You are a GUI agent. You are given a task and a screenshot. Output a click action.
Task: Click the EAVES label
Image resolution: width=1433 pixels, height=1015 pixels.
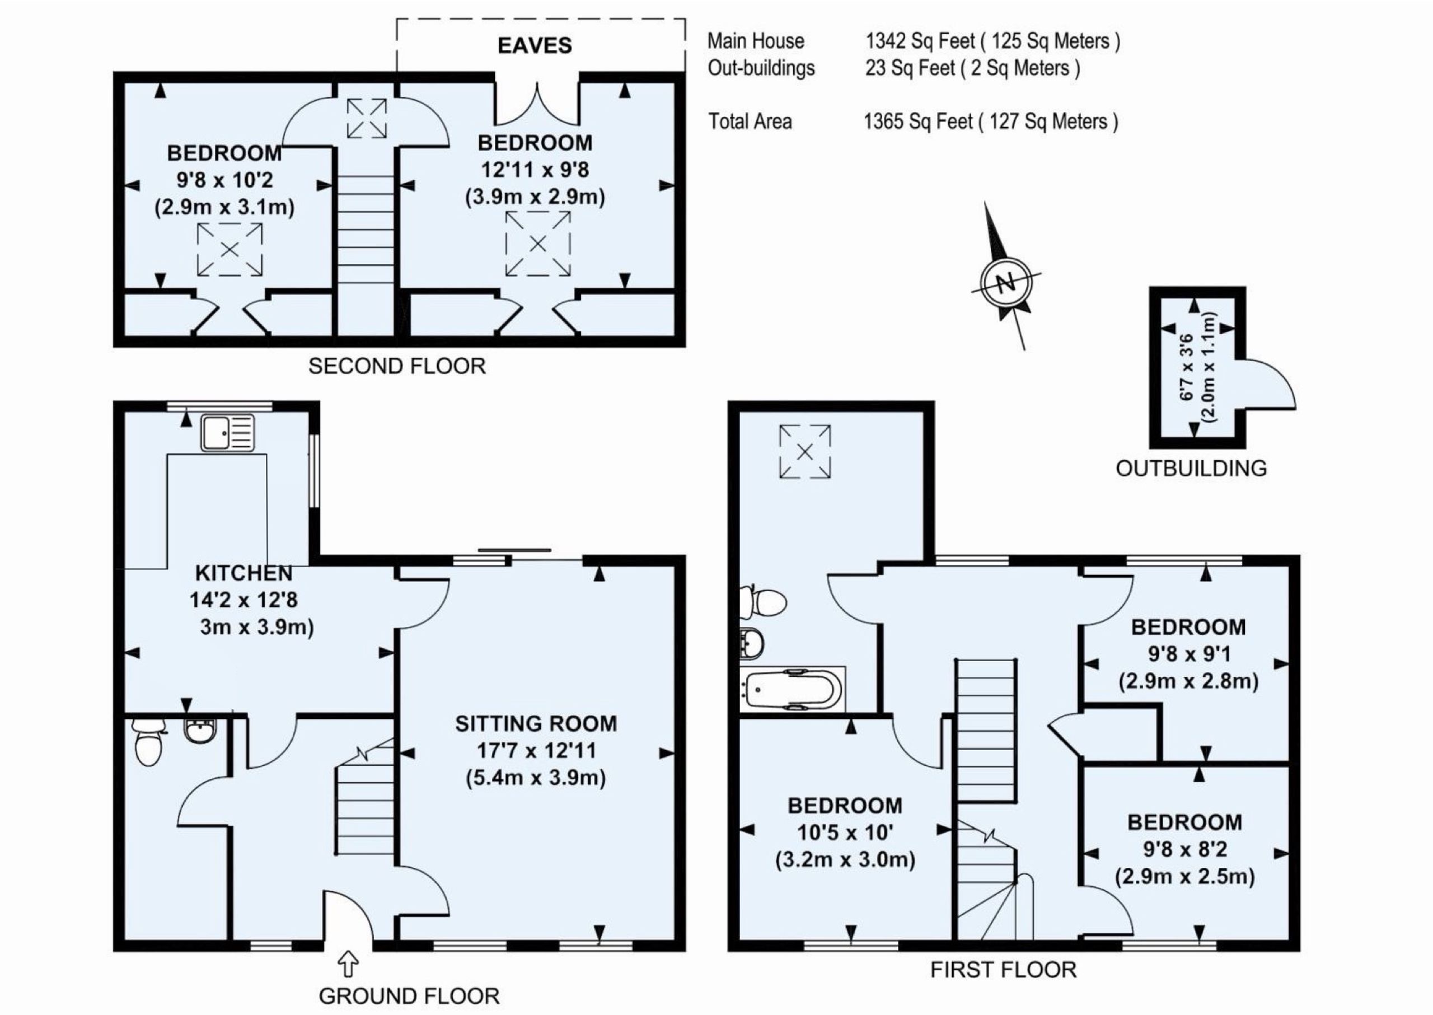(535, 45)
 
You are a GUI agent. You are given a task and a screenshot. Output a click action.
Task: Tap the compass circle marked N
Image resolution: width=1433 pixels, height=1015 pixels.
(1005, 283)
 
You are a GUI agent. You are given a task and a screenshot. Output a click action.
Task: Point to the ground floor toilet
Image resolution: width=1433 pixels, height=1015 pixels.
(148, 742)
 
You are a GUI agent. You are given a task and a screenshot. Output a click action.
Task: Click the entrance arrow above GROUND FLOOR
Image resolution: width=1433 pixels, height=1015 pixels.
(348, 963)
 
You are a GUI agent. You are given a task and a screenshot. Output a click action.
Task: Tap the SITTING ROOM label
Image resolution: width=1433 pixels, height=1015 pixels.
(536, 724)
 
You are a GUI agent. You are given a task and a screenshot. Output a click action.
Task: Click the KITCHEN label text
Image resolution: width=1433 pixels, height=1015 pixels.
(243, 573)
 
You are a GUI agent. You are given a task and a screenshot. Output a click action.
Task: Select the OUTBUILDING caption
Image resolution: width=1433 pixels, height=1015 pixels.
(1191, 468)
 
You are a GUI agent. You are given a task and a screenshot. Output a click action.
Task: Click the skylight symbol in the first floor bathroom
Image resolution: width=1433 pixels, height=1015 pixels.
(805, 451)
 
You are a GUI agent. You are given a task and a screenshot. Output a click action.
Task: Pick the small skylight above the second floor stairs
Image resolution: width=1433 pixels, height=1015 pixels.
(367, 118)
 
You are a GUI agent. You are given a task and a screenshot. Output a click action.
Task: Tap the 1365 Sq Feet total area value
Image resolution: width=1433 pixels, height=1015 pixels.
(918, 121)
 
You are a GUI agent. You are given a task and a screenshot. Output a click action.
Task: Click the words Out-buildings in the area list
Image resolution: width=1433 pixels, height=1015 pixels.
(761, 68)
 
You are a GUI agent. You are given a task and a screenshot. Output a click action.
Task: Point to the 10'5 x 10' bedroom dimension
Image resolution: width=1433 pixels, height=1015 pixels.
(845, 832)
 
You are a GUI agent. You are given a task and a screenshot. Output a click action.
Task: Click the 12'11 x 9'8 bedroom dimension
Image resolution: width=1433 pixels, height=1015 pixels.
(535, 170)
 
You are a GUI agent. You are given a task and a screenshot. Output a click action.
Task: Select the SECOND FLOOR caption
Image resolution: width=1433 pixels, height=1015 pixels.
(397, 366)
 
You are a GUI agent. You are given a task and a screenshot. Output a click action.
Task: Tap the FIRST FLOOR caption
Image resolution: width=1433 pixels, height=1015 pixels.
(1004, 970)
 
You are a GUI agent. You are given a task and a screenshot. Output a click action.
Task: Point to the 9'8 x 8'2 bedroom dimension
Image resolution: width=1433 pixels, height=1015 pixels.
(1185, 849)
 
